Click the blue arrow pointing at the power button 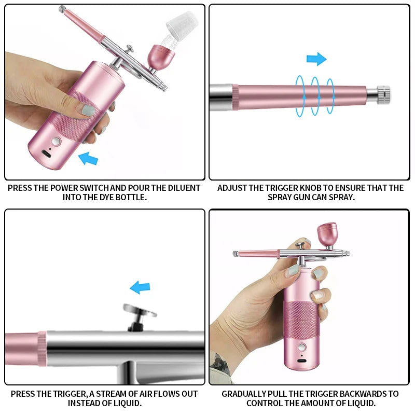pyautogui.click(x=89, y=158)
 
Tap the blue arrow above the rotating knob pyautogui.click(x=316, y=59)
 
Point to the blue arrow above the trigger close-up pyautogui.click(x=140, y=287)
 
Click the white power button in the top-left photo pyautogui.click(x=56, y=141)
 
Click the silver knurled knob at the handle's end pyautogui.click(x=383, y=93)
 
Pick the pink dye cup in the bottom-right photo pyautogui.click(x=327, y=234)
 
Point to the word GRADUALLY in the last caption pyautogui.click(x=247, y=394)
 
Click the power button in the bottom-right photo pyautogui.click(x=300, y=347)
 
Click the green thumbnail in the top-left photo pyautogui.click(x=89, y=110)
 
